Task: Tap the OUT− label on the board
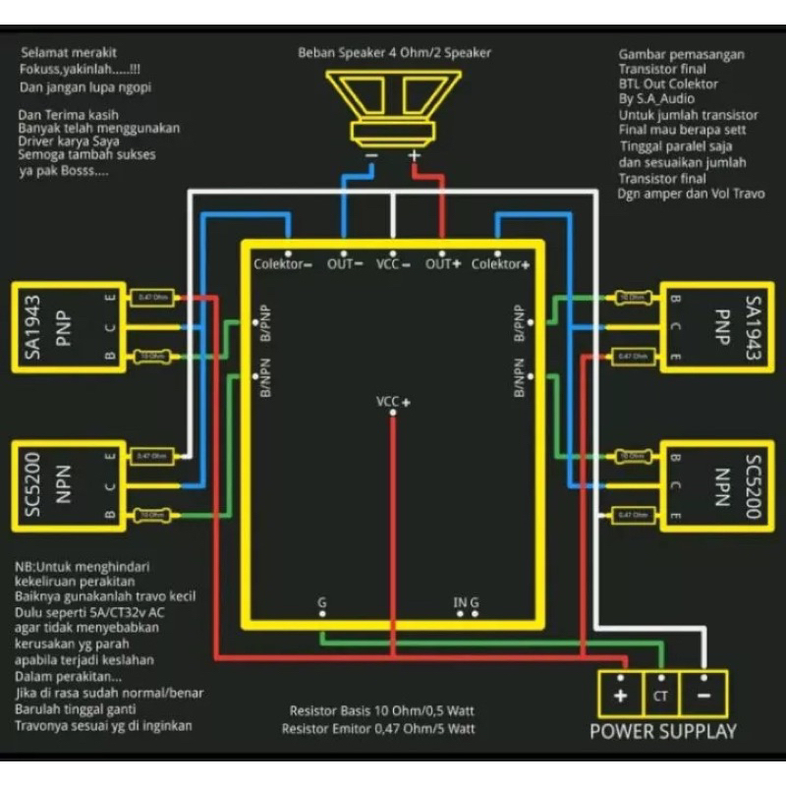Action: [345, 263]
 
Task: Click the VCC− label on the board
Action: [394, 263]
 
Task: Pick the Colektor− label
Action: [283, 263]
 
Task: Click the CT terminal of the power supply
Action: [660, 695]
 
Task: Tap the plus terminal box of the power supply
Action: [620, 695]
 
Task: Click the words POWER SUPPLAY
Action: [662, 732]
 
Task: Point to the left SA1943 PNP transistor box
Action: [67, 327]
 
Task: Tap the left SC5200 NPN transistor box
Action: [67, 485]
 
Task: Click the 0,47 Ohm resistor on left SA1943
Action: [151, 298]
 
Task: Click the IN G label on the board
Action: [466, 601]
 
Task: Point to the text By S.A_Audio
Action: [657, 98]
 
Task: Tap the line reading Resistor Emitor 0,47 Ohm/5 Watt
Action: [378, 728]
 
